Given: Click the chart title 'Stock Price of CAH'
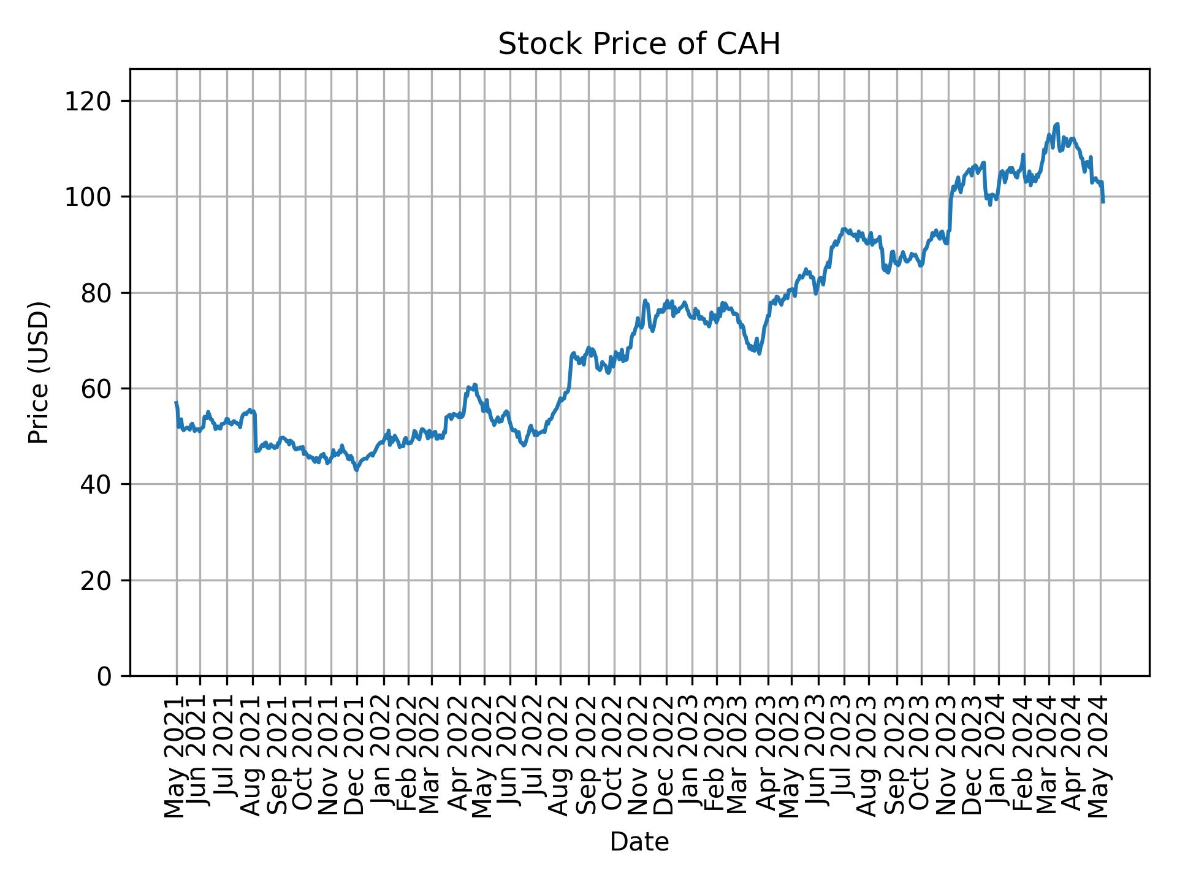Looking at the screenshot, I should (639, 44).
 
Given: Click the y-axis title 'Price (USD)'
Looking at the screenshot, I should (39, 372).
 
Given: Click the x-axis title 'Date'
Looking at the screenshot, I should (639, 842).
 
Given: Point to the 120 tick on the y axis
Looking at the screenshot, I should (93, 101).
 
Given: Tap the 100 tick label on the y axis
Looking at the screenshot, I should (93, 197).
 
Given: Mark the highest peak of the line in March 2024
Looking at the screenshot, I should (1057, 124).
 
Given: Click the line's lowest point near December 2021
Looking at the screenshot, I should (357, 470).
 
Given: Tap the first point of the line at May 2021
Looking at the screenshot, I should (177, 403).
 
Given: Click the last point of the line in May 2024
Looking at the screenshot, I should (1103, 202).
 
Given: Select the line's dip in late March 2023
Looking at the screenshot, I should (759, 353).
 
